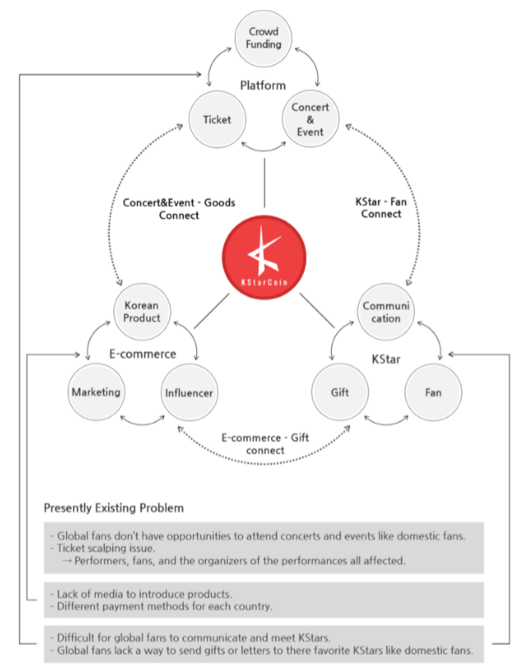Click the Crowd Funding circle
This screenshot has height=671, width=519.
click(263, 39)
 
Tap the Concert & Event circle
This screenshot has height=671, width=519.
click(308, 119)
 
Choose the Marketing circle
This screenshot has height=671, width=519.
click(95, 392)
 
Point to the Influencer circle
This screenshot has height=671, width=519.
click(189, 392)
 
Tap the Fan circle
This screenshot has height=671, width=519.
click(433, 392)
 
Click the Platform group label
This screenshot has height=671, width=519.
click(263, 86)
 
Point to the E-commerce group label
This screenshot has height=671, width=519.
click(142, 354)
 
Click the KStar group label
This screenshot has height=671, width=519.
click(387, 359)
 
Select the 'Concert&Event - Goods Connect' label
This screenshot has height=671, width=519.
click(179, 209)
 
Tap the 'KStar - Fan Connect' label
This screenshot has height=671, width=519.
click(379, 208)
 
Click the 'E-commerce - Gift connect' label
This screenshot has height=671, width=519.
click(265, 443)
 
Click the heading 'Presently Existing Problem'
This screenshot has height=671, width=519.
click(113, 508)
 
